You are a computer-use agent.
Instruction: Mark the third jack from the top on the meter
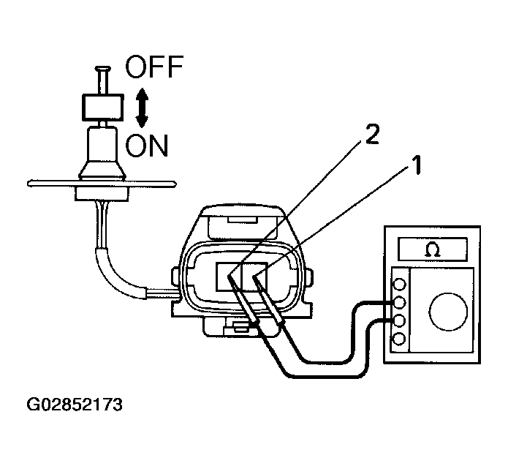coord(398,320)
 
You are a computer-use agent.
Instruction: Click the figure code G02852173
coord(74,404)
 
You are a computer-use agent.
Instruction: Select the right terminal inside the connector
coord(261,277)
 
